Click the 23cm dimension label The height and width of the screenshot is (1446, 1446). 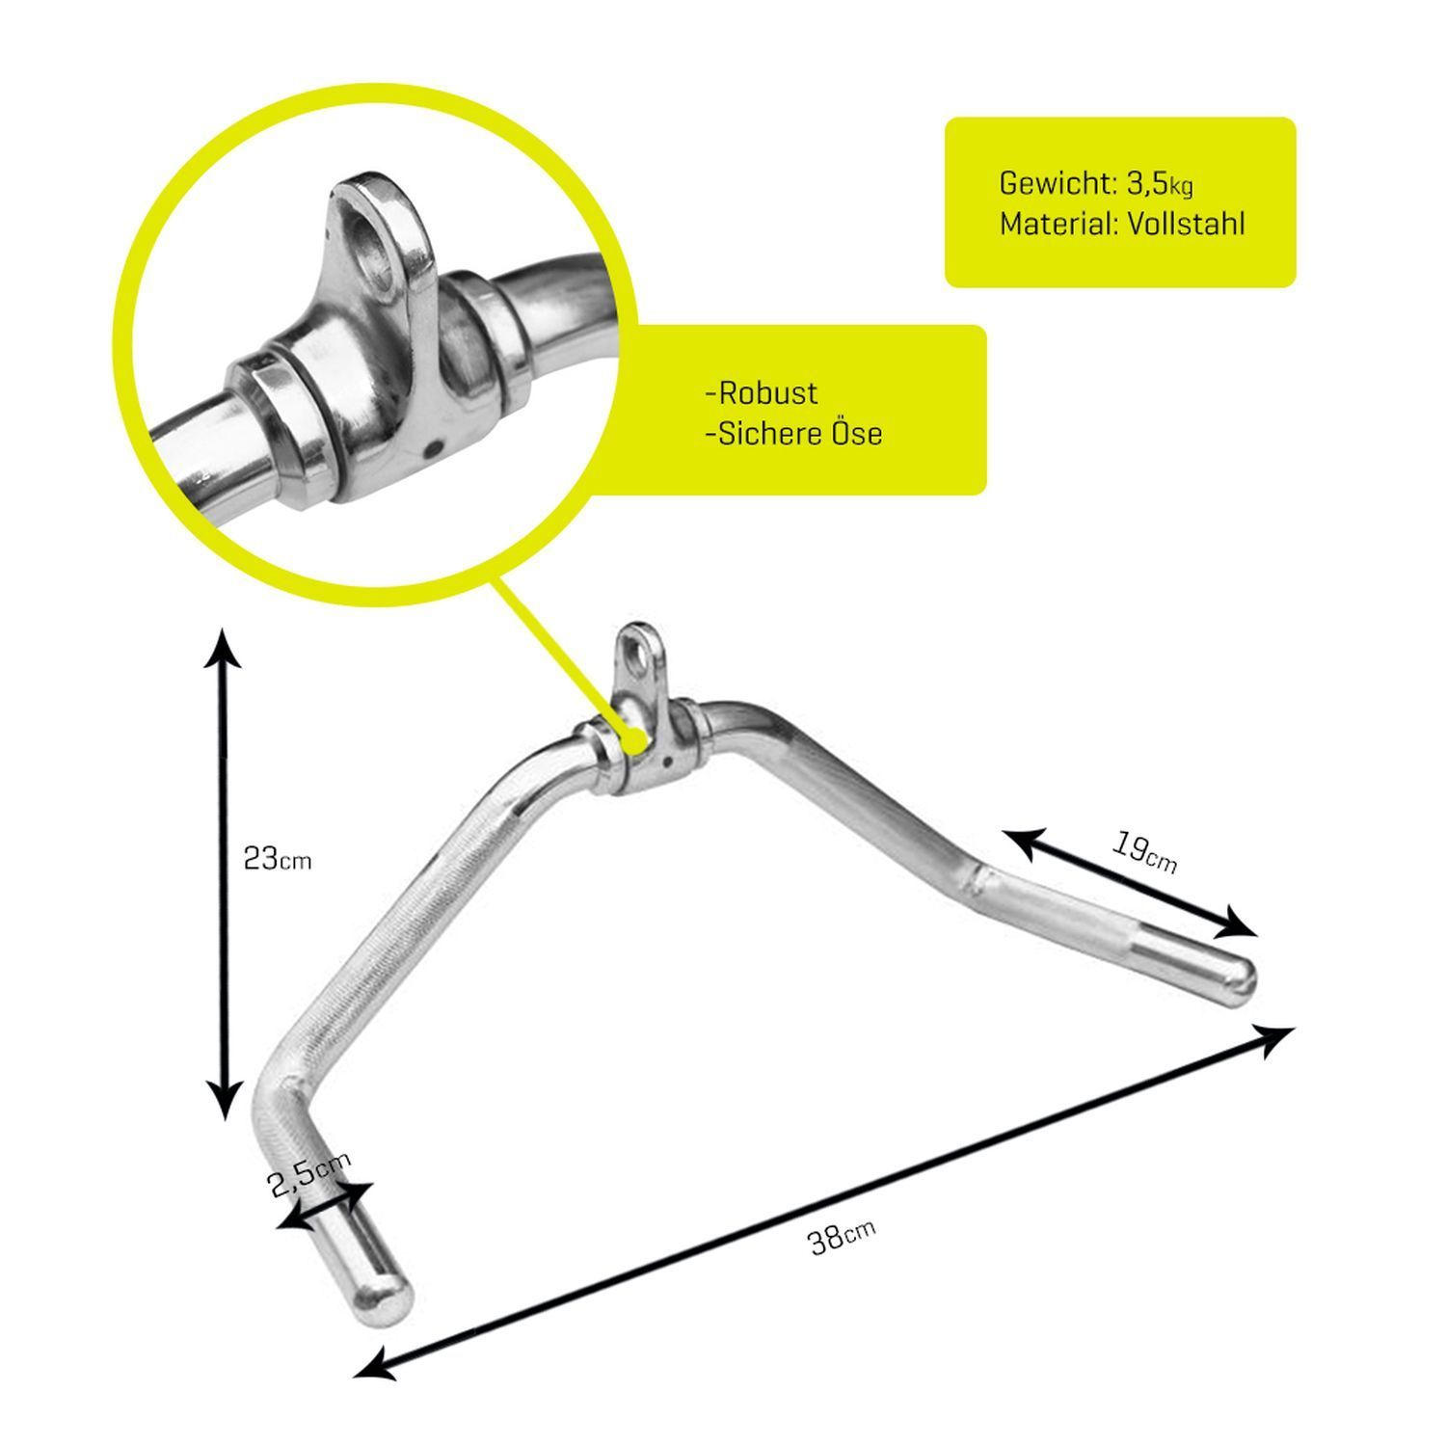(278, 859)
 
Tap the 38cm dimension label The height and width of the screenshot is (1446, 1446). (842, 1237)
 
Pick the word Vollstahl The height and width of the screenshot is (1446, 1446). (1187, 224)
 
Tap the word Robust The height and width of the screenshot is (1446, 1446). (762, 393)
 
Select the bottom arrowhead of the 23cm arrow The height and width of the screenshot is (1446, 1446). (225, 1102)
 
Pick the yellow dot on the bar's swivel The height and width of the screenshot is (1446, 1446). (633, 739)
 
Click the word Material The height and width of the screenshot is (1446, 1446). (1056, 224)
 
